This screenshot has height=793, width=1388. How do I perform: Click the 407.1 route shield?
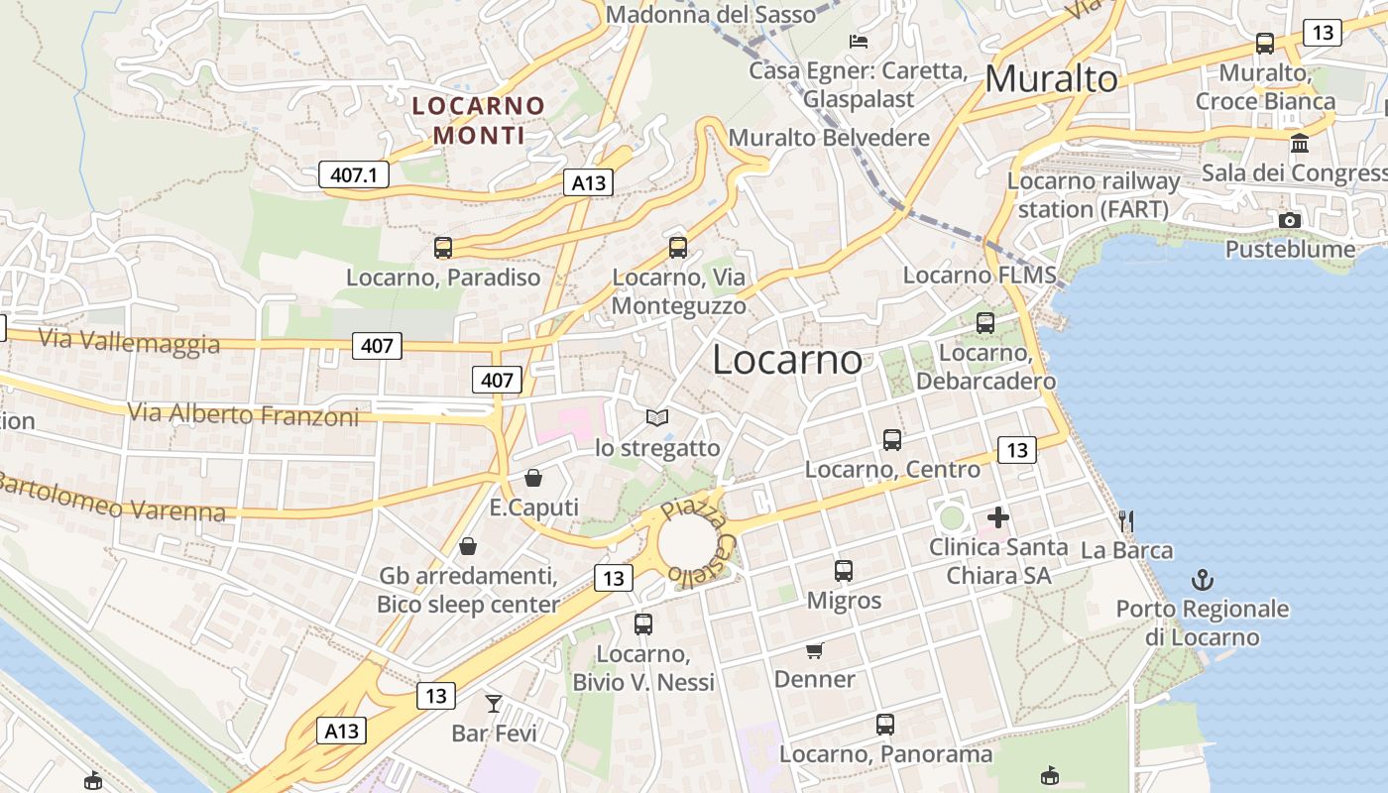pyautogui.click(x=353, y=175)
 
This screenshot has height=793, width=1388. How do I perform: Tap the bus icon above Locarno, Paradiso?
pyautogui.click(x=442, y=248)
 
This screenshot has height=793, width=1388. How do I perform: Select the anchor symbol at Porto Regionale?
pyautogui.click(x=1203, y=579)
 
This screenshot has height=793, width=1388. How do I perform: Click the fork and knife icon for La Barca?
pyautogui.click(x=1125, y=520)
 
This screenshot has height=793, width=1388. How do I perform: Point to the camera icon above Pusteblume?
pyautogui.click(x=1289, y=220)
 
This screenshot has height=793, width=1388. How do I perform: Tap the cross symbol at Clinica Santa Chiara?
pyautogui.click(x=998, y=517)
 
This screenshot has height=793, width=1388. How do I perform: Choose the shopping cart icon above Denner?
pyautogui.click(x=815, y=650)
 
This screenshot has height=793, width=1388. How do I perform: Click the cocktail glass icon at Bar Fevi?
pyautogui.click(x=494, y=704)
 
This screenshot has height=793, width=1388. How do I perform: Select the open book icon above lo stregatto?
pyautogui.click(x=657, y=418)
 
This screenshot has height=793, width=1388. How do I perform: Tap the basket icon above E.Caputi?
pyautogui.click(x=533, y=478)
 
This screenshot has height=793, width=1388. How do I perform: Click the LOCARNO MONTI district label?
pyautogui.click(x=479, y=120)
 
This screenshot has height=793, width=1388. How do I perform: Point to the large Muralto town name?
pyautogui.click(x=1052, y=78)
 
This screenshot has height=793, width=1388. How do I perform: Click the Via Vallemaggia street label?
pyautogui.click(x=129, y=340)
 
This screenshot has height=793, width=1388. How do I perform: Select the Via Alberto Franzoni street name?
pyautogui.click(x=244, y=414)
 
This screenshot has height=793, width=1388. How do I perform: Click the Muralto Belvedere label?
pyautogui.click(x=829, y=138)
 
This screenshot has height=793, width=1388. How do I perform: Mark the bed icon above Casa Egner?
pyautogui.click(x=859, y=41)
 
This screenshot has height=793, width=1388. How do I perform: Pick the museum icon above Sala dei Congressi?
pyautogui.click(x=1300, y=144)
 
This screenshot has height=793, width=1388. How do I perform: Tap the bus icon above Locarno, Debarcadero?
pyautogui.click(x=984, y=322)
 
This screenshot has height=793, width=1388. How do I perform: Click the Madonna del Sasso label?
pyautogui.click(x=710, y=14)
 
